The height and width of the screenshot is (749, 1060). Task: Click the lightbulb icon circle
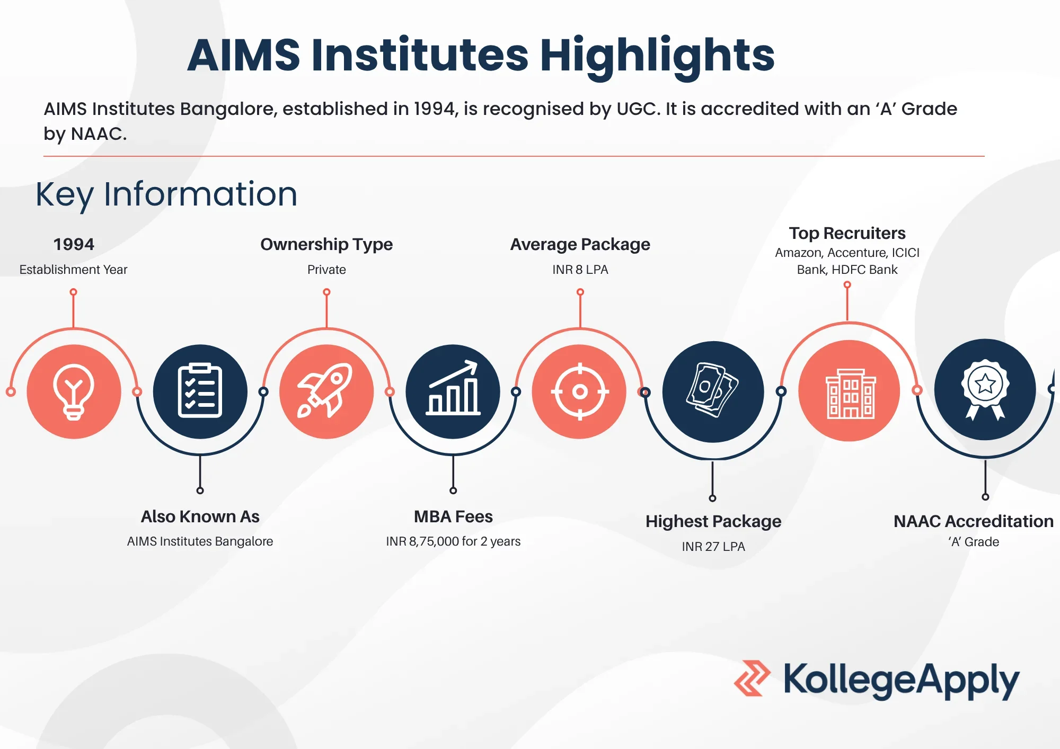coord(74,391)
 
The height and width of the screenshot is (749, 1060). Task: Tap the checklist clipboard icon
coord(200,391)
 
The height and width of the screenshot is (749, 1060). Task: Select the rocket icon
coord(326,391)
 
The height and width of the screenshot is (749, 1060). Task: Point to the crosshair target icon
coord(580,391)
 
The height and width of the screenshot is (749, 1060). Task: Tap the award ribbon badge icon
coord(985,389)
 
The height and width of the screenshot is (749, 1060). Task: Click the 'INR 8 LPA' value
coord(580,270)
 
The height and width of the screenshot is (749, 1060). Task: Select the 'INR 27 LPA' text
coord(713,547)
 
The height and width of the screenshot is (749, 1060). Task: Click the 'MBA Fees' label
coord(453,516)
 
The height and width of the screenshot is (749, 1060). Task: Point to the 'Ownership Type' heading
coord(326,244)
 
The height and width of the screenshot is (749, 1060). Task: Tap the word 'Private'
coord(326,270)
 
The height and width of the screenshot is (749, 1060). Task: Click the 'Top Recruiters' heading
coord(847,233)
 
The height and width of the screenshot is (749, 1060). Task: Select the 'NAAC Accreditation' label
coord(974,521)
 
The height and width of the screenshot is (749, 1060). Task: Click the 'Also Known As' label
coord(200,516)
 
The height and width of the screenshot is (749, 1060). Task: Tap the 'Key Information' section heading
coord(166,194)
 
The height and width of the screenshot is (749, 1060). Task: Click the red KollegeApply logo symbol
coord(752,678)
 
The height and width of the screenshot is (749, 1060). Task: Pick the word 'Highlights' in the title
coord(657,56)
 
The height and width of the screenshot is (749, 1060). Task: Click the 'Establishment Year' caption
coord(73,270)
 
